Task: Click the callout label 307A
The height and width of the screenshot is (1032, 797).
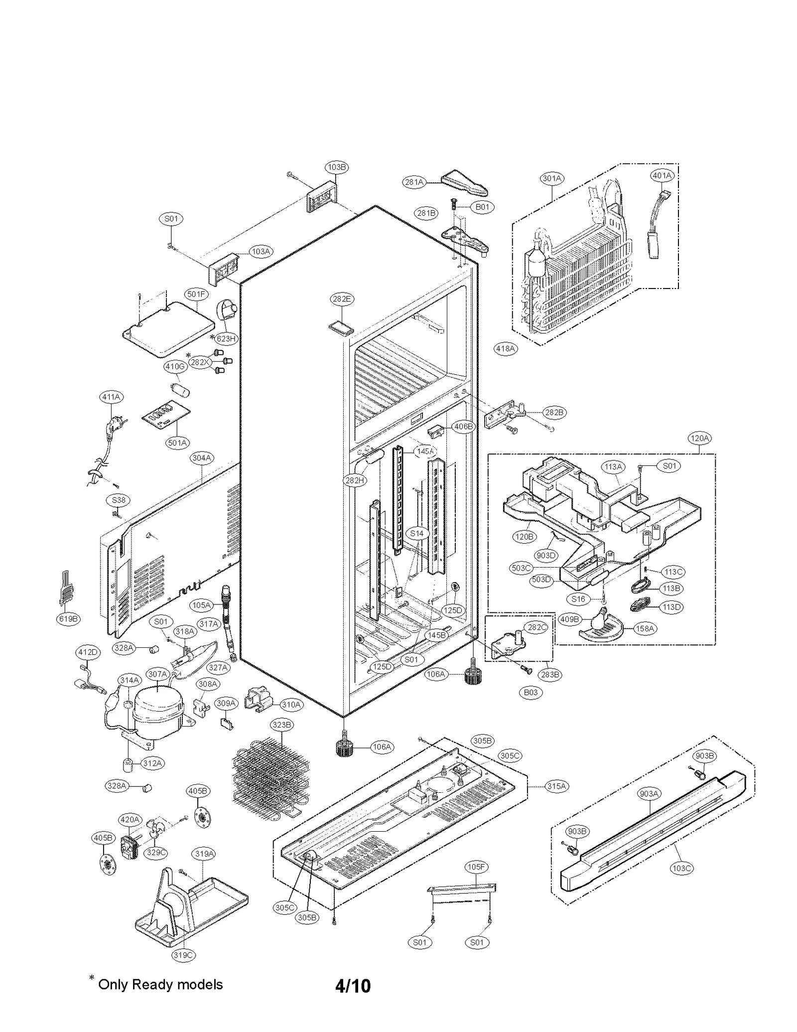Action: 158,674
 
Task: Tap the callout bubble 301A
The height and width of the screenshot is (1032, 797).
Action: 552,178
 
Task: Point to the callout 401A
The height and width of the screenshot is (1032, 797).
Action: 662,175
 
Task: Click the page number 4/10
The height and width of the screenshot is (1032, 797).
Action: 353,986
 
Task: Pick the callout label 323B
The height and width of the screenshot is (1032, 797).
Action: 281,725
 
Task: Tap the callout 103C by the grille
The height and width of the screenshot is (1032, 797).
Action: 681,868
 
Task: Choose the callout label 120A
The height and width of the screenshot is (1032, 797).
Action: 699,438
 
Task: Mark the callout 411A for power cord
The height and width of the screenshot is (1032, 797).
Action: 111,397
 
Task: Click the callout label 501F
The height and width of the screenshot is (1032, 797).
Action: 196,294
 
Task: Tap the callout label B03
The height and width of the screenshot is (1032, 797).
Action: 531,692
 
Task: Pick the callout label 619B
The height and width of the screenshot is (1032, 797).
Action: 68,619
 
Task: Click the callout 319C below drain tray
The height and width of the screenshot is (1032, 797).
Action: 183,955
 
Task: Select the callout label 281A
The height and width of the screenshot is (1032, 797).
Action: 414,182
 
